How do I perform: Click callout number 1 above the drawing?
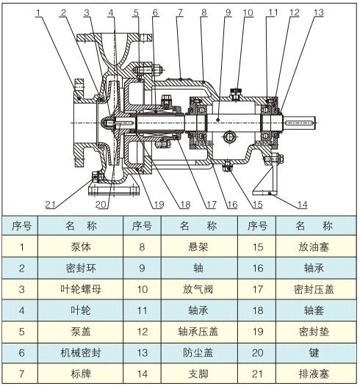(38, 12)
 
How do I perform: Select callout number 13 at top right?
(317, 12)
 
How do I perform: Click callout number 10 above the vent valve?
(248, 12)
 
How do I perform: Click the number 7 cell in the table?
(21, 372)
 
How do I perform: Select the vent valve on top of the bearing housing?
(237, 92)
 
